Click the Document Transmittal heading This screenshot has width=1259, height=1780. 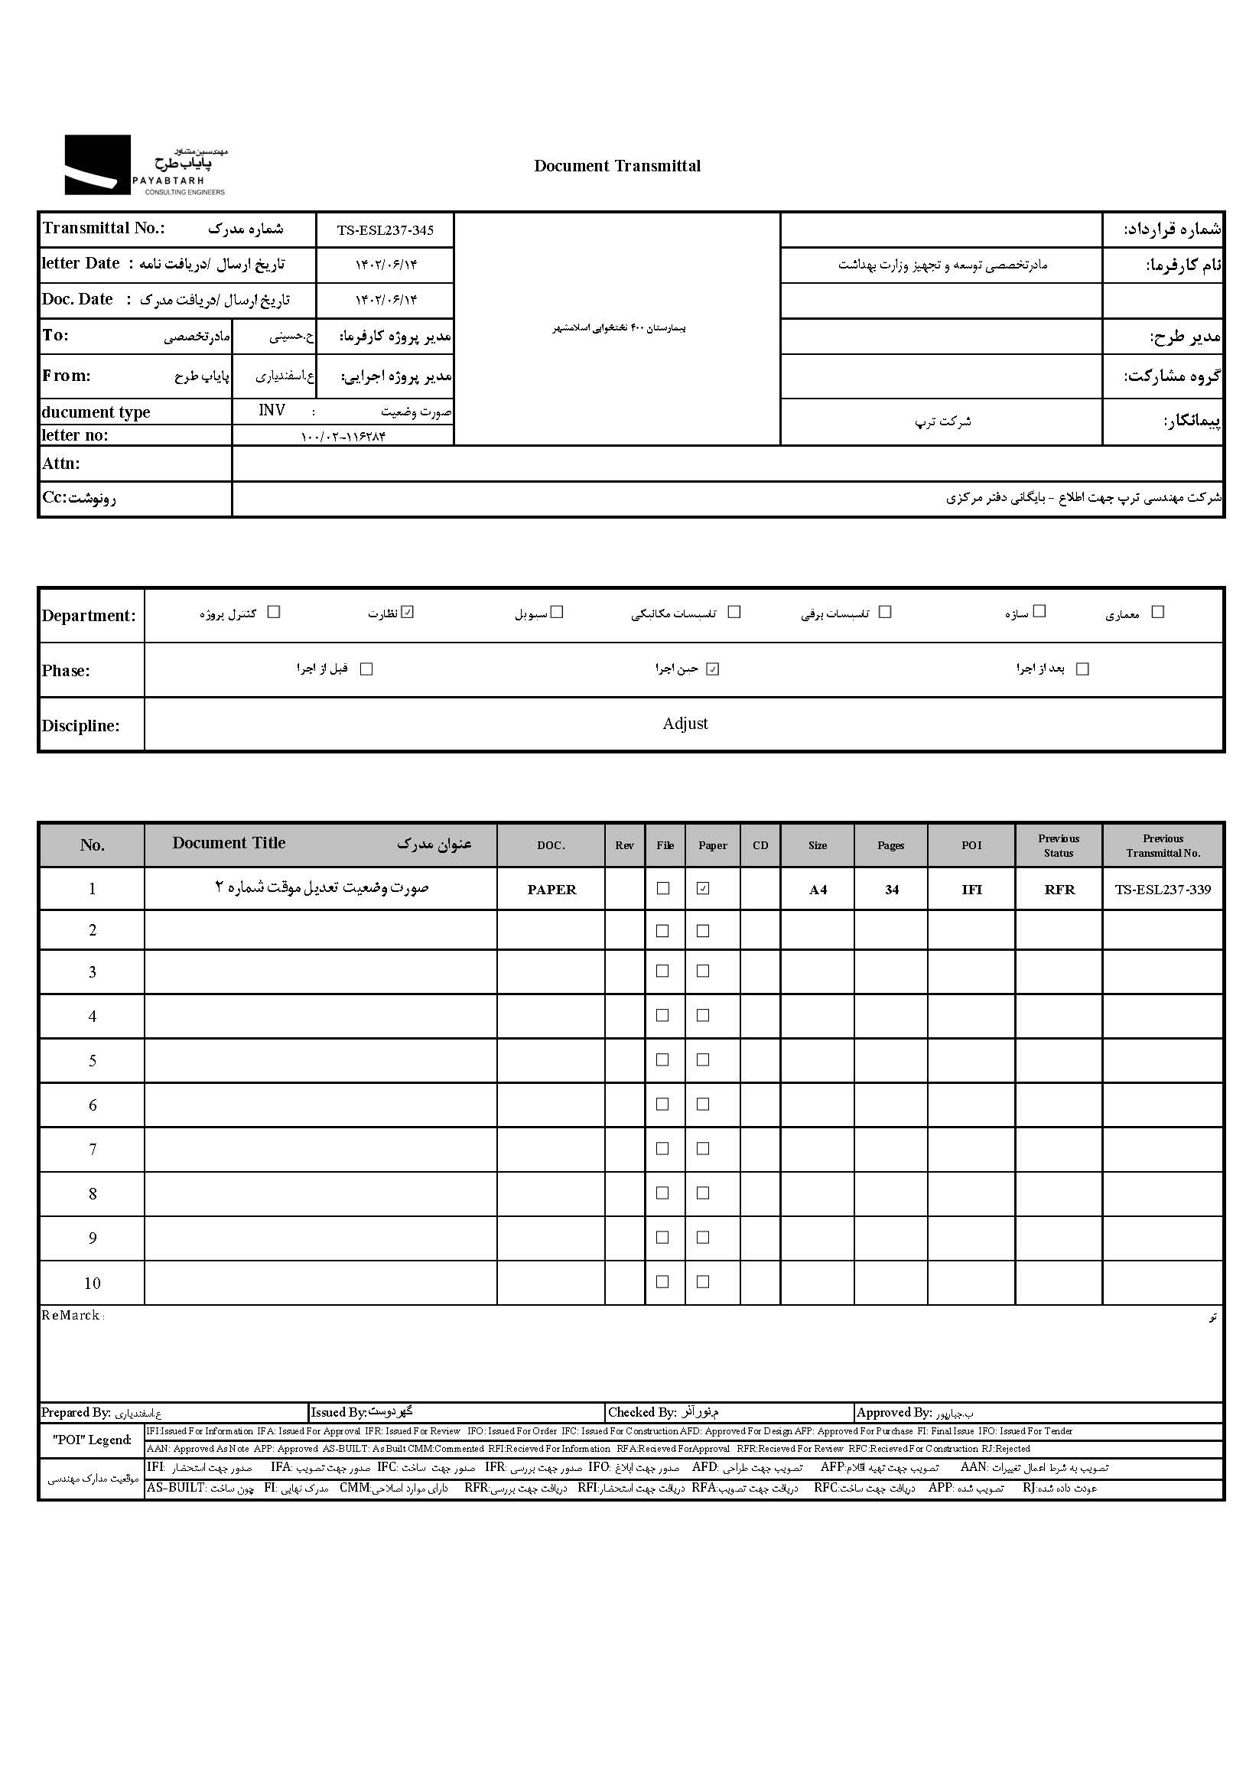click(617, 166)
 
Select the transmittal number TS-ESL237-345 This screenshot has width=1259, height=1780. click(385, 230)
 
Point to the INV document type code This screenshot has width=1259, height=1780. click(272, 410)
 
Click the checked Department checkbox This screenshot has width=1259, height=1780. click(408, 613)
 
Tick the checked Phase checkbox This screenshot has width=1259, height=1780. click(712, 669)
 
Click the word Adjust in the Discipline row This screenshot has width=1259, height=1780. click(685, 724)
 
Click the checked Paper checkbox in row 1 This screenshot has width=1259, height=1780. click(703, 888)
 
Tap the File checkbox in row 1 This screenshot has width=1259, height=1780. click(663, 888)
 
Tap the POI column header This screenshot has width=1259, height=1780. click(971, 845)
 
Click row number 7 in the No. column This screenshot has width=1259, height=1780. click(93, 1150)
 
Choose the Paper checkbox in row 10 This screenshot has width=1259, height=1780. click(703, 1282)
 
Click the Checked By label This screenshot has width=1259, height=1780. click(642, 1413)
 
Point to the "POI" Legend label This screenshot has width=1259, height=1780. click(92, 1440)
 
